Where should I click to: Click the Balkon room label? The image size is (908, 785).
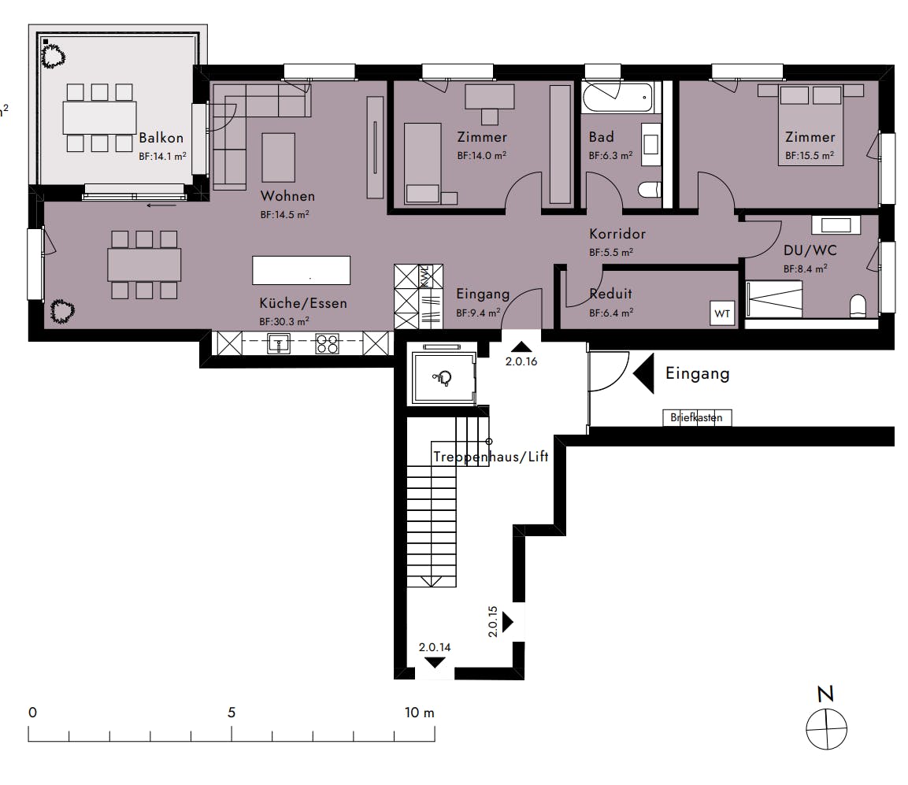(161, 138)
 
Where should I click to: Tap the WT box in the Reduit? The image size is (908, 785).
(722, 313)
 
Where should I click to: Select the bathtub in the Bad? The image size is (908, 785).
(617, 99)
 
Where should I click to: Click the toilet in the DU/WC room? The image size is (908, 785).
(857, 305)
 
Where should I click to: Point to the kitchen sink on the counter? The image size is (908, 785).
(279, 343)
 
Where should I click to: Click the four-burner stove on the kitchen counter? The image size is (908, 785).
(327, 343)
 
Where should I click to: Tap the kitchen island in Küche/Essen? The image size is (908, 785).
(301, 270)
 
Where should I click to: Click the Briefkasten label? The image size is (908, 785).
(696, 418)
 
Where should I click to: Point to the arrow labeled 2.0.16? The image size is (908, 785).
(521, 347)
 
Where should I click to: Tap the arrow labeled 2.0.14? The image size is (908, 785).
(434, 662)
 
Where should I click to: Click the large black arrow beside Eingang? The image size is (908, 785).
(644, 373)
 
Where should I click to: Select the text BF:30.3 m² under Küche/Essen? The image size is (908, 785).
(284, 321)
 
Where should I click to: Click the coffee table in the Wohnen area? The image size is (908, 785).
(278, 157)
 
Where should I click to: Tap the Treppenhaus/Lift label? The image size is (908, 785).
(490, 457)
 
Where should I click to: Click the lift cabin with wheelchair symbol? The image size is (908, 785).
(441, 377)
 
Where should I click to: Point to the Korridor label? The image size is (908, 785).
(617, 234)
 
